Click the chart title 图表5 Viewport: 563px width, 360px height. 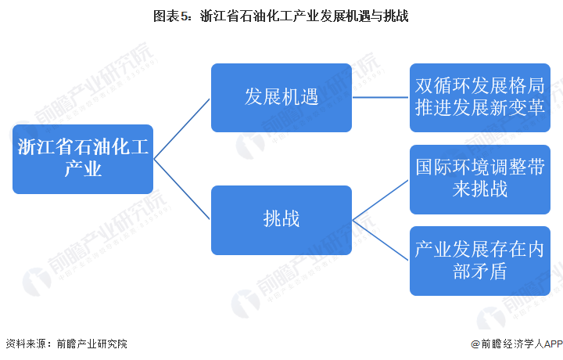pos(281,16)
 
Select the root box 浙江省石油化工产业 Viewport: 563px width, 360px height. pos(83,159)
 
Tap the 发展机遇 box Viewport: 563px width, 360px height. pos(281,98)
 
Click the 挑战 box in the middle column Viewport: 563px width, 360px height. pos(281,220)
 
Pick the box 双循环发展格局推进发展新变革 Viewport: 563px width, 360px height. pos(480,98)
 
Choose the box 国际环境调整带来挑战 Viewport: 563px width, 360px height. pos(480,180)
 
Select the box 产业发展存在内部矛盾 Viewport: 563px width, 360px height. pos(480,261)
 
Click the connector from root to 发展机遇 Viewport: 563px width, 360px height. pos(181,129)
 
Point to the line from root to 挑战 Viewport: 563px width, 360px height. pos(181,189)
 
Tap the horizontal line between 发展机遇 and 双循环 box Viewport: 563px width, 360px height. pos(381,97)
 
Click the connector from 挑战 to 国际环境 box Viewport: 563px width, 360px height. pos(381,200)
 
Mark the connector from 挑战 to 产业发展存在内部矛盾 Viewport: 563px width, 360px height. pos(381,240)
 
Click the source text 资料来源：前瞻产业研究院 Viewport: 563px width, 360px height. pos(66,344)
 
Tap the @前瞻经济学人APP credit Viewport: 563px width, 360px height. pos(517,344)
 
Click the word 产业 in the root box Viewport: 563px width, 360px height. pos(83,169)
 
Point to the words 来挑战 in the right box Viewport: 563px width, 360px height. pos(480,189)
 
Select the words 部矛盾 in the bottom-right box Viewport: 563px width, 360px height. pos(480,271)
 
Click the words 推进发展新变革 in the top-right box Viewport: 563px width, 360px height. pos(480,107)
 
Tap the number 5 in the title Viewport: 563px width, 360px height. pos(184,16)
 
